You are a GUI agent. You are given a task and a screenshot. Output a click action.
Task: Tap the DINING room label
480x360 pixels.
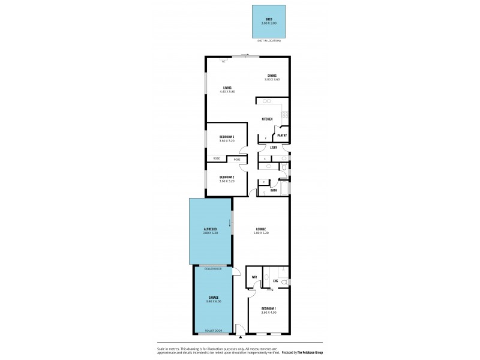point(272,75)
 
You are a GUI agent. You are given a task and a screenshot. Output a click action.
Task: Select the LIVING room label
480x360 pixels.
point(227,88)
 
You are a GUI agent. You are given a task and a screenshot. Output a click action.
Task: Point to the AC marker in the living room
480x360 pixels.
point(223,61)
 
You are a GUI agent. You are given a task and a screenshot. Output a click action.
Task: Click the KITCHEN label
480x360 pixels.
point(267,119)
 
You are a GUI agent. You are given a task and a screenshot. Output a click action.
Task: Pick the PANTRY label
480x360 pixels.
point(281,135)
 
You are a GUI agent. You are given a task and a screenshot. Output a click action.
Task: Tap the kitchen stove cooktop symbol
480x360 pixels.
point(286,115)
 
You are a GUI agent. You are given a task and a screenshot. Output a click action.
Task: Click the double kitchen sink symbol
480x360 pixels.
point(264,101)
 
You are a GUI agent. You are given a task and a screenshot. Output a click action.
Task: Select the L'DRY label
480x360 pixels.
point(273,148)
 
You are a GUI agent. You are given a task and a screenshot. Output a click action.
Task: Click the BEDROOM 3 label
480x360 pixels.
point(226,137)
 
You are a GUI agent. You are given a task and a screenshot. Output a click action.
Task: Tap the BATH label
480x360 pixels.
point(273,190)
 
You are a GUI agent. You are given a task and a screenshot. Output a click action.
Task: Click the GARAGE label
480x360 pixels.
point(214,298)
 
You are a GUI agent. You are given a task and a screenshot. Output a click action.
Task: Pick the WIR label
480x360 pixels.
point(255,277)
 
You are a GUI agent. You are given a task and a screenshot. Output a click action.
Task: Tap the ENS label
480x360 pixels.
point(275,281)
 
